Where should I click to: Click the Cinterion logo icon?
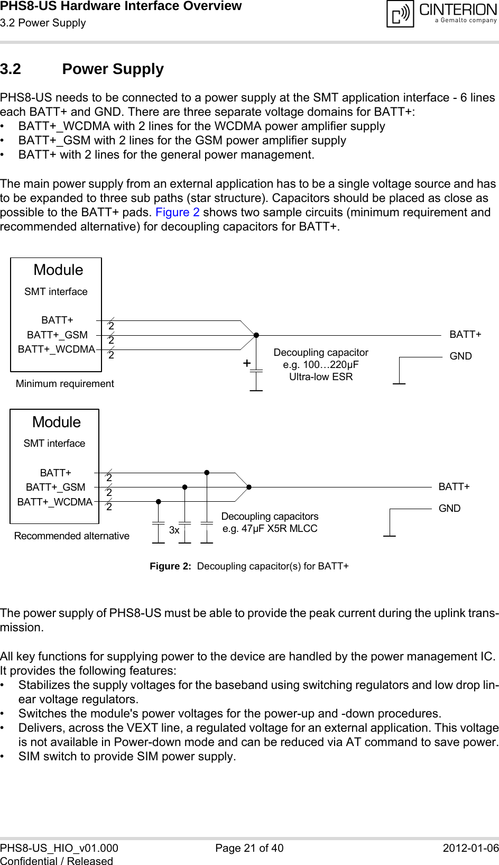pyautogui.click(x=400, y=14)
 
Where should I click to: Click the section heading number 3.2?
pyautogui.click(x=11, y=69)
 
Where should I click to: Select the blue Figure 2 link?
pyautogui.click(x=177, y=213)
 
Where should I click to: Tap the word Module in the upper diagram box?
pyautogui.click(x=58, y=270)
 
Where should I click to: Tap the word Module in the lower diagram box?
pyautogui.click(x=56, y=422)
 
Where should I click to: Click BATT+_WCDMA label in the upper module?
pyautogui.click(x=56, y=349)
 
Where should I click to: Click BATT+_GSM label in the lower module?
pyautogui.click(x=56, y=487)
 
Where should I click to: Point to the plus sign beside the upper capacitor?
pyautogui.click(x=246, y=363)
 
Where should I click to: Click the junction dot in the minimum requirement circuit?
pyautogui.click(x=256, y=335)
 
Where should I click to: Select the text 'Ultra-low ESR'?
pyautogui.click(x=320, y=377)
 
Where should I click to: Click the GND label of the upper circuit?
pyautogui.click(x=460, y=356)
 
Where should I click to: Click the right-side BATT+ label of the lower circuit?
pyautogui.click(x=454, y=487)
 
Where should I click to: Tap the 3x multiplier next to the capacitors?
pyautogui.click(x=174, y=530)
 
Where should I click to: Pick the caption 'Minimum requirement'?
pyautogui.click(x=64, y=384)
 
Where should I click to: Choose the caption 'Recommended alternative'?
pyautogui.click(x=71, y=536)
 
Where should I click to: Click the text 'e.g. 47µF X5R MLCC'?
pyautogui.click(x=270, y=529)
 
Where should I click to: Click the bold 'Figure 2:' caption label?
pyautogui.click(x=170, y=566)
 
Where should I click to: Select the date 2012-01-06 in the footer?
pyautogui.click(x=470, y=848)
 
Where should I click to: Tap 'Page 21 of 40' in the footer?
pyautogui.click(x=249, y=848)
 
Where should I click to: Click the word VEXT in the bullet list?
pyautogui.click(x=143, y=728)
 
